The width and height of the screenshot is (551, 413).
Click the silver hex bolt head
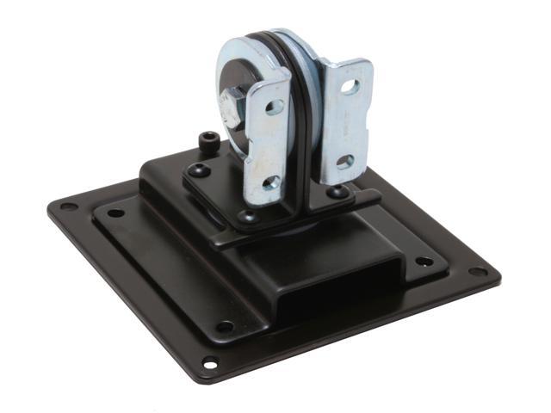233,106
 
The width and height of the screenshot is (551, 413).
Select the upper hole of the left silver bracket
274,107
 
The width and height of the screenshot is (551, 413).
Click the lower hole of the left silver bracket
269,182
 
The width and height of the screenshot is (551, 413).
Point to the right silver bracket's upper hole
349,87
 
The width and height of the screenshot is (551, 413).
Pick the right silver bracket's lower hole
344,161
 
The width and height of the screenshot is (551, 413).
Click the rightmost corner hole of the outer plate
479,272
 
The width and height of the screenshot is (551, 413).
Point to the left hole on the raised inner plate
115,213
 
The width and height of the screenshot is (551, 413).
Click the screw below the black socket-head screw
201,170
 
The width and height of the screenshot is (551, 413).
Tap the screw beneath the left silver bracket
250,219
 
